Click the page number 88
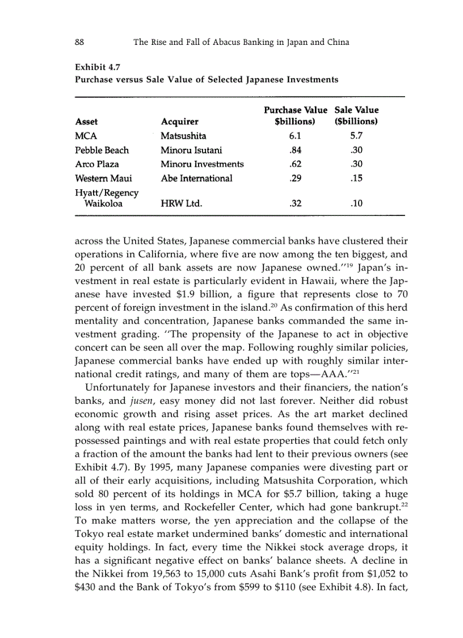(x=79, y=42)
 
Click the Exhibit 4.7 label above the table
(x=94, y=69)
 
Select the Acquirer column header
(x=179, y=122)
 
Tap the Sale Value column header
(x=356, y=115)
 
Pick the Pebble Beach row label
(x=102, y=150)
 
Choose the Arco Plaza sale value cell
(x=356, y=164)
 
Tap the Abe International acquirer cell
(x=196, y=178)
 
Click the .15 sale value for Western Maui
(x=356, y=178)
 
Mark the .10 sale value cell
(x=356, y=203)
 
